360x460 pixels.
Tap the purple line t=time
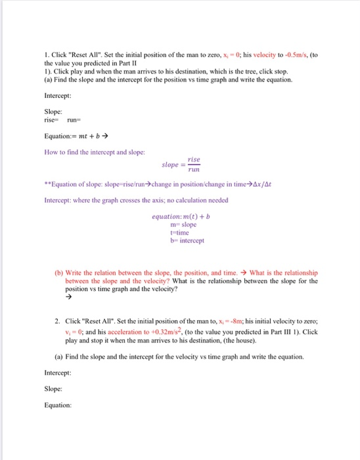coord(177,233)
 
